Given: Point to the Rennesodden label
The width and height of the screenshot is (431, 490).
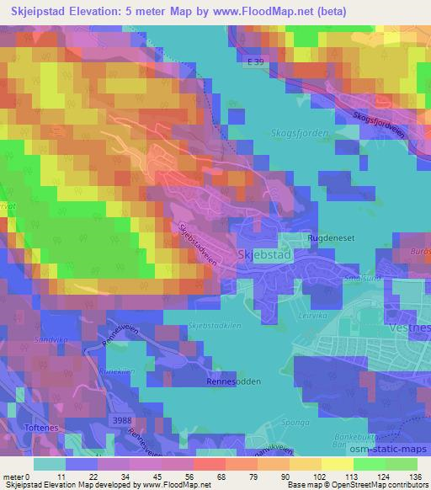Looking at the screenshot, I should (x=231, y=380).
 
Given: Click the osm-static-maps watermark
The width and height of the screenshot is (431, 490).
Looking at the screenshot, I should (x=387, y=447).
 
